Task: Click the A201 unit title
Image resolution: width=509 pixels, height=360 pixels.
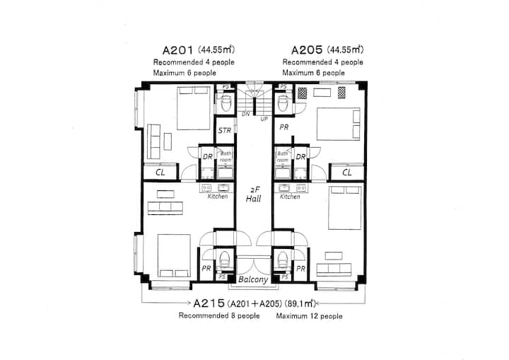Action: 178,50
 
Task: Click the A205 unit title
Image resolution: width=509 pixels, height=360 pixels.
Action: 307,50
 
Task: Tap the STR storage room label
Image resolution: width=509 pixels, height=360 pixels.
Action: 225,131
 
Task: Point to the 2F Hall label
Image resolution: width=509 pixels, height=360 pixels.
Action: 254,194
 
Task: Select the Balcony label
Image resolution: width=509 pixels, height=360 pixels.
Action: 253,280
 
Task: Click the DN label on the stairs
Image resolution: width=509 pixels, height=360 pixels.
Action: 246,114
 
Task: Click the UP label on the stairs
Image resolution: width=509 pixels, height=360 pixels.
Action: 264,120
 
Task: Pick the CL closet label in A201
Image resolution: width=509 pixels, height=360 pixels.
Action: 160,173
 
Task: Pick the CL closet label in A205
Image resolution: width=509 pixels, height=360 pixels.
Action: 347,173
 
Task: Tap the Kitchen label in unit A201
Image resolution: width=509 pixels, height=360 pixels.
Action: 218,197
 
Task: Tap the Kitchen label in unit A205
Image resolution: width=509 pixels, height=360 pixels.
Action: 290,197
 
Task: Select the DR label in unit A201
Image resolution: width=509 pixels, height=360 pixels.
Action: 208,156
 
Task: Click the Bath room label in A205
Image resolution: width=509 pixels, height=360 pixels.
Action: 282,156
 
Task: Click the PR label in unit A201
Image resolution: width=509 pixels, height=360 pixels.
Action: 206,269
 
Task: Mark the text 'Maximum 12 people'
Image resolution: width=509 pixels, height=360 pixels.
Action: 310,316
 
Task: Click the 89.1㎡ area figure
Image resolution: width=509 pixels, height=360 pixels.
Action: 300,304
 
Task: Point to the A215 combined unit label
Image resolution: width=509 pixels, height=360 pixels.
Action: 209,303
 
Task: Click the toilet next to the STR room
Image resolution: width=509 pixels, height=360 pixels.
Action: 226,103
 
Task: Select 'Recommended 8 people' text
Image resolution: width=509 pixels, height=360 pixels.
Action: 219,316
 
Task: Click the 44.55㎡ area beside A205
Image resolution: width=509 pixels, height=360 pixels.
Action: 345,50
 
